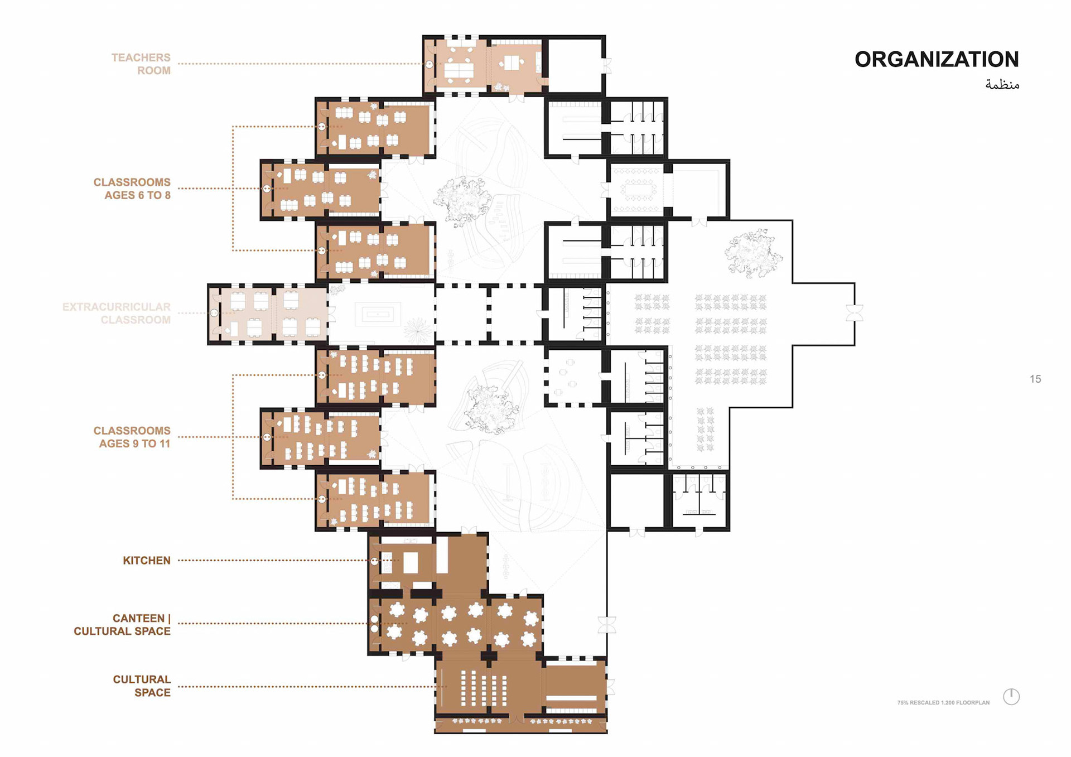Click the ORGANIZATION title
tap(937, 59)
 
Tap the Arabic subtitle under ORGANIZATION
tap(1002, 84)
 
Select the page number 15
tap(1035, 379)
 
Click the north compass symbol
tap(1011, 696)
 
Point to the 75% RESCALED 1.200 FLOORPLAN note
tap(943, 702)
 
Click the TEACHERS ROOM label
tap(141, 64)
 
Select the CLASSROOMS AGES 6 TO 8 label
tap(132, 189)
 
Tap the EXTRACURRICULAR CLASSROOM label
tap(117, 313)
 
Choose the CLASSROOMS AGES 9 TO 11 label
tap(132, 437)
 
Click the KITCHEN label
tap(147, 560)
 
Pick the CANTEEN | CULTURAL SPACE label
tap(122, 625)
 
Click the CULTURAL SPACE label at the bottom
tap(142, 686)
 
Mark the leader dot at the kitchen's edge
tap(375, 561)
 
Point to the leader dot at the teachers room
tap(430, 64)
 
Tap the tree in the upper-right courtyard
tap(753, 253)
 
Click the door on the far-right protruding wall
tap(855, 313)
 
